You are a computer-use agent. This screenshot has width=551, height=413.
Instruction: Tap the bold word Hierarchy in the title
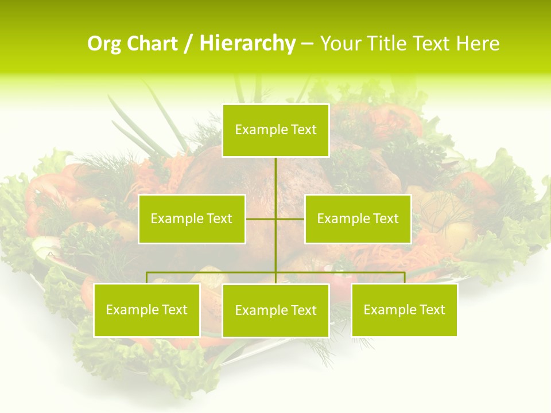pos(247,44)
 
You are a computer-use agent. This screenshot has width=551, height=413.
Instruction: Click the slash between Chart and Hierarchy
pos(188,44)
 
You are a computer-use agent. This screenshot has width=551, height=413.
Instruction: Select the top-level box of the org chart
pos(275,130)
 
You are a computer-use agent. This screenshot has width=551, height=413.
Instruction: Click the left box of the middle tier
pos(192,219)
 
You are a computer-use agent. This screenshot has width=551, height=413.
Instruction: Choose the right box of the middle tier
pos(358,219)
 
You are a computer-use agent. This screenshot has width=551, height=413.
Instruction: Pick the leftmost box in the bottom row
pos(147,310)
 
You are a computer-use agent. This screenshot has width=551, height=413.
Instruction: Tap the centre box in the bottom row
pos(275,310)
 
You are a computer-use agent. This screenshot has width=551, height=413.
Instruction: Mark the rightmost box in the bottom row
pos(404,310)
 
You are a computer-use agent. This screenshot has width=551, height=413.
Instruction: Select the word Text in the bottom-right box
pos(432,310)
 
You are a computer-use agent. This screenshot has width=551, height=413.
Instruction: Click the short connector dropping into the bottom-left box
pos(147,278)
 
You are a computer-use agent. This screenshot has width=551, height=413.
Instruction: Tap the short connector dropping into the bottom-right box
pos(405,278)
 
